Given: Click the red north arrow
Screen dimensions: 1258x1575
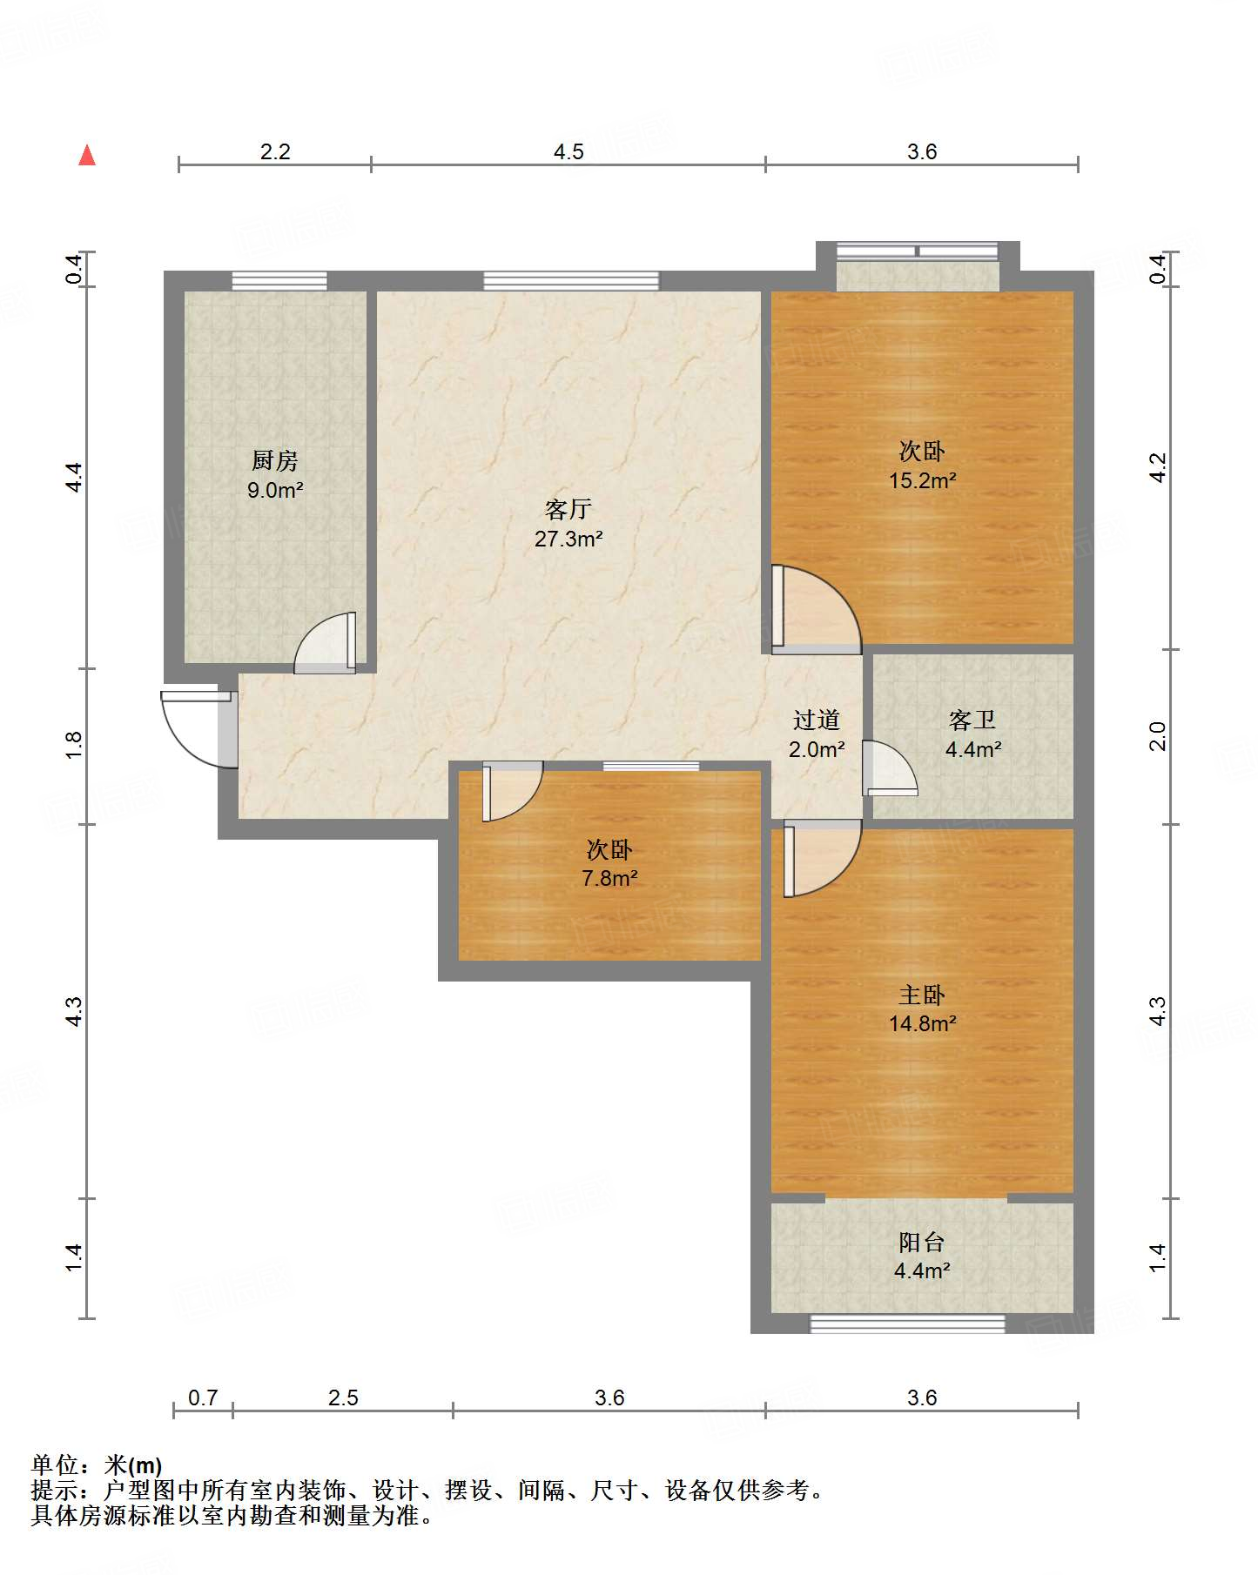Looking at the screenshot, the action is (x=87, y=155).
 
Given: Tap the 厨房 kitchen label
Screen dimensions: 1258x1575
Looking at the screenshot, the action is (x=275, y=461).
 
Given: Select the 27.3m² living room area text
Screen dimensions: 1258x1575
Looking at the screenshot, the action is (x=568, y=540).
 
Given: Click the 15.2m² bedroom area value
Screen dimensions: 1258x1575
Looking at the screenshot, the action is (x=923, y=480).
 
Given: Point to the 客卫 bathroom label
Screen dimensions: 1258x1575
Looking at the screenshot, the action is (x=972, y=720).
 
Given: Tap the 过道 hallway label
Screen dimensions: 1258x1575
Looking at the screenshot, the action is (x=817, y=720).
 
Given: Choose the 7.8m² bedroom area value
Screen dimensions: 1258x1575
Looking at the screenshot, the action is (x=609, y=879).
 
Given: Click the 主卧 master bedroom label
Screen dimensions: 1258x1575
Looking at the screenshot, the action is (x=922, y=995).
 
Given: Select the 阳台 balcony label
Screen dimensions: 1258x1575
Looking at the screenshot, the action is (x=922, y=1243).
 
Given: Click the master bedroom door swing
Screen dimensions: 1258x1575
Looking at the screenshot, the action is (x=822, y=859).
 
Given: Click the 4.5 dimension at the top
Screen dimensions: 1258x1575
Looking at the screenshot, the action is (x=568, y=152).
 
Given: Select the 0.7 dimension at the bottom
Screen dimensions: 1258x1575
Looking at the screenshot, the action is (x=203, y=1397).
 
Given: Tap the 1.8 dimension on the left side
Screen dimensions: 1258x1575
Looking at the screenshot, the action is (x=74, y=745).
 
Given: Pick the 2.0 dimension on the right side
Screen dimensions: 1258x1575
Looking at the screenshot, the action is (x=1157, y=736).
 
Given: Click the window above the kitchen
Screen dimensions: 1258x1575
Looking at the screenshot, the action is (x=279, y=280).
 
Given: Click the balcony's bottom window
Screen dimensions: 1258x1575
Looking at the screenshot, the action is (x=908, y=1324).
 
